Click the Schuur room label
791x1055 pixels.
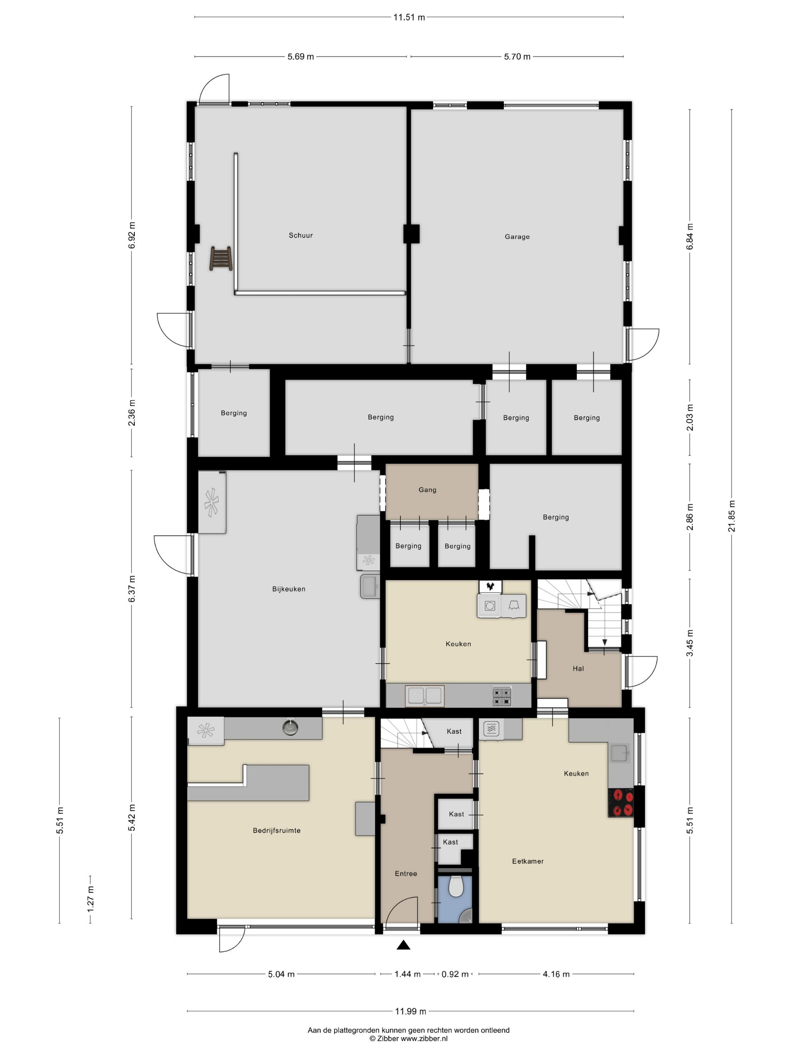point(300,235)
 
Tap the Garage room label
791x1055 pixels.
point(517,237)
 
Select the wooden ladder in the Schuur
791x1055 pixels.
point(221,258)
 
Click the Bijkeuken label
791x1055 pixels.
point(289,589)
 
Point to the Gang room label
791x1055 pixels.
point(427,490)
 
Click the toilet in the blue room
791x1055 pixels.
point(456,886)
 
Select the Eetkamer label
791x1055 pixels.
point(528,861)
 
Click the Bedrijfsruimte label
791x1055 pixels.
point(276,830)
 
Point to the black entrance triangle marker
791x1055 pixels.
point(403,945)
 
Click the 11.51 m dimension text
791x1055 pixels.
point(409,18)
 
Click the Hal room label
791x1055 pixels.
point(578,669)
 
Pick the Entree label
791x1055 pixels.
point(406,874)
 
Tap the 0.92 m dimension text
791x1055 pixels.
point(455,974)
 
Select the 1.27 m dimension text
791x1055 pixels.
point(90,899)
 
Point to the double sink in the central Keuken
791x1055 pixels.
point(425,696)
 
